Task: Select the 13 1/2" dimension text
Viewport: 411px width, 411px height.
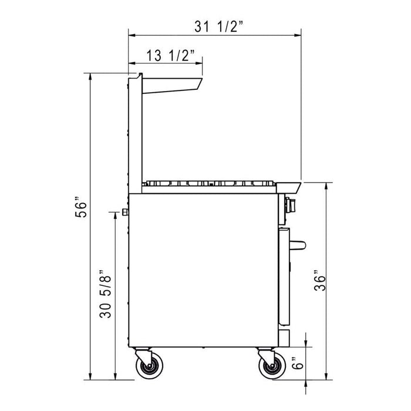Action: [x=167, y=55]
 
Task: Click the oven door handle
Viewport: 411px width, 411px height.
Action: [x=299, y=244]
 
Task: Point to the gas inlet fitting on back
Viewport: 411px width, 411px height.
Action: [x=124, y=211]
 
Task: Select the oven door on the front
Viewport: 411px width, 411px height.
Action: [x=284, y=276]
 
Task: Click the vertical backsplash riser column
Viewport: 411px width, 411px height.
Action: [x=134, y=135]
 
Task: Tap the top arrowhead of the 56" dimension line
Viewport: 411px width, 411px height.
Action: [x=90, y=76]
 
